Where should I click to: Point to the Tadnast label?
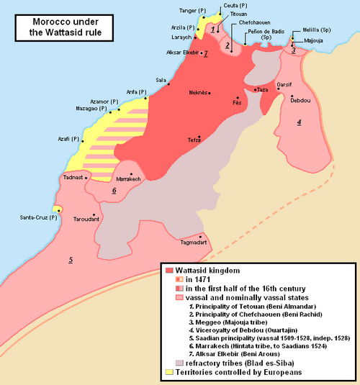(73, 177)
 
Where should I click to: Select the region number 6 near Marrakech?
(114, 191)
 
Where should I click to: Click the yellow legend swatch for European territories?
(169, 372)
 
